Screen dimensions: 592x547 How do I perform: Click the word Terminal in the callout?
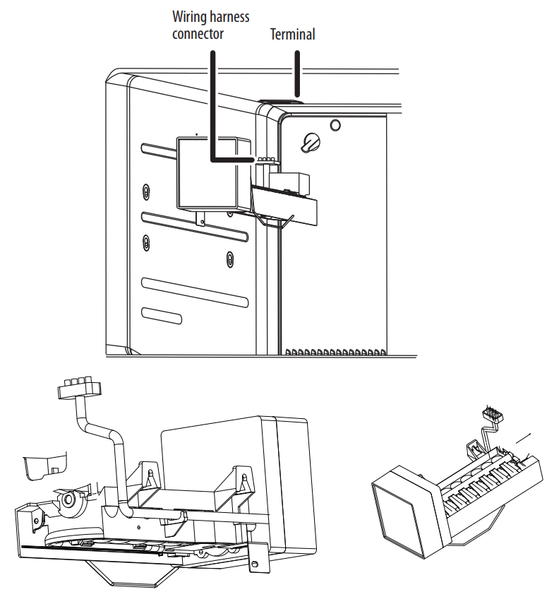(x=292, y=34)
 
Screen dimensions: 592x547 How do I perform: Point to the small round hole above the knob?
(x=335, y=125)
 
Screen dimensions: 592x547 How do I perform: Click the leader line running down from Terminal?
(x=297, y=71)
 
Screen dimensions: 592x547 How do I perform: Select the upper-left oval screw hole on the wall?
(x=145, y=193)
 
